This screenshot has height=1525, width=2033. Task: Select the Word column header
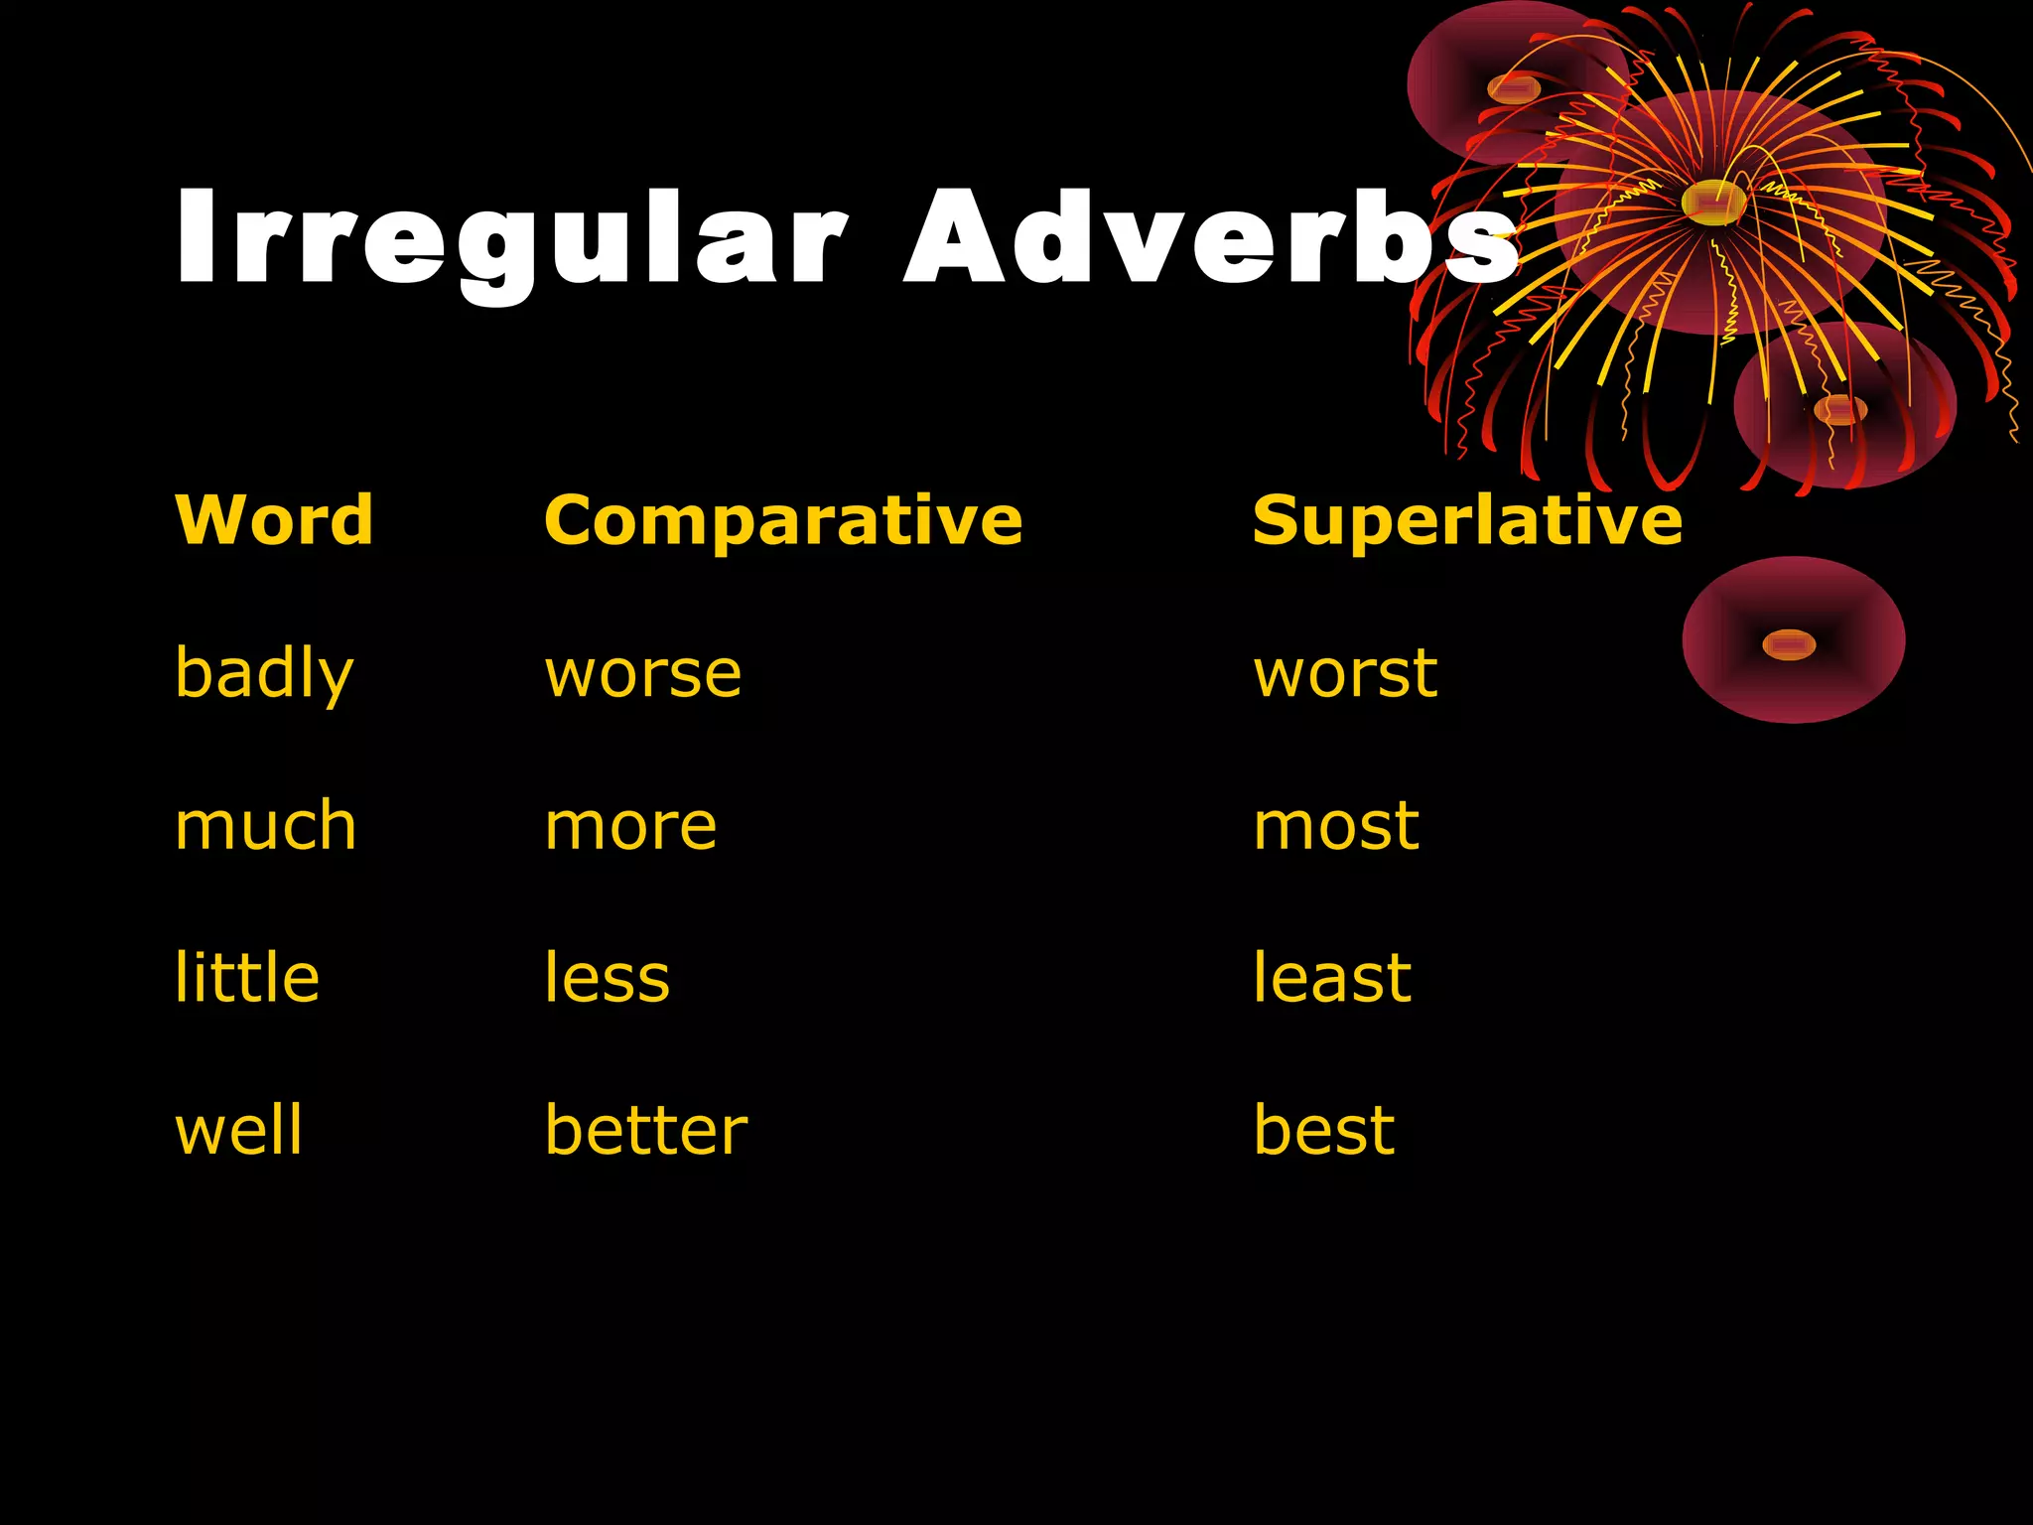[274, 520]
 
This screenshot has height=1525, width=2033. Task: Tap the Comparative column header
[783, 520]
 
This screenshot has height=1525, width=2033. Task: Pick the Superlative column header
[1467, 520]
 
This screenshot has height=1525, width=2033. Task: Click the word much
[265, 826]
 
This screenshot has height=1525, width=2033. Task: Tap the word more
[630, 826]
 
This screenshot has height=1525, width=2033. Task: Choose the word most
[1336, 826]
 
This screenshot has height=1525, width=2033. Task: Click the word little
[247, 978]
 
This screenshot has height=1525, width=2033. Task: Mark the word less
[608, 978]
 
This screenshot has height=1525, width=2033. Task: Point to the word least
[1332, 978]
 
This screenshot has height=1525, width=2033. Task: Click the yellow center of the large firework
[1713, 202]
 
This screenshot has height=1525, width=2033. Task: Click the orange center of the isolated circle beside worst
[1789, 645]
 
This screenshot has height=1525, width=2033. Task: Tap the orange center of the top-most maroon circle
[1514, 89]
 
